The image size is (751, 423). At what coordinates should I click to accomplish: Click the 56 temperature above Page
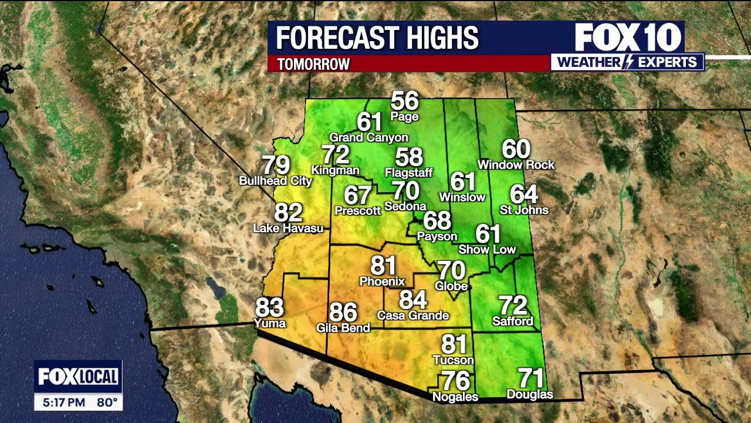pyautogui.click(x=405, y=101)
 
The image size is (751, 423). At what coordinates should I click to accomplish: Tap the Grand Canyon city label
pyautogui.click(x=368, y=137)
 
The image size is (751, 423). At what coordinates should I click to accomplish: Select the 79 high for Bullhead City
pyautogui.click(x=276, y=165)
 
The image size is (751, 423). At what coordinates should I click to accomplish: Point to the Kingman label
pyautogui.click(x=336, y=170)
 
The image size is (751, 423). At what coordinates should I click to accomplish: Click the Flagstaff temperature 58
pyautogui.click(x=409, y=157)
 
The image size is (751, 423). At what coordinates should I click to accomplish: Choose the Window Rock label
pyautogui.click(x=516, y=164)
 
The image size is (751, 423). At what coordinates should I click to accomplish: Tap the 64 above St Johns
pyautogui.click(x=524, y=194)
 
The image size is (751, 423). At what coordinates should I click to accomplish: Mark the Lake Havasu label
pyautogui.click(x=288, y=228)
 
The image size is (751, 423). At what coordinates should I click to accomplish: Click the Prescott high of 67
pyautogui.click(x=357, y=194)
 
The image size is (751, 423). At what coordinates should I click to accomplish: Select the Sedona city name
pyautogui.click(x=405, y=206)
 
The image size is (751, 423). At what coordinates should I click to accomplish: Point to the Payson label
pyautogui.click(x=437, y=236)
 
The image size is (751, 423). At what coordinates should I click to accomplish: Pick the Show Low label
pyautogui.click(x=487, y=249)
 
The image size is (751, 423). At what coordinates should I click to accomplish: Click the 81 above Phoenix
pyautogui.click(x=383, y=266)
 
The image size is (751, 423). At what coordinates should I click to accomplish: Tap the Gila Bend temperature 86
pyautogui.click(x=343, y=312)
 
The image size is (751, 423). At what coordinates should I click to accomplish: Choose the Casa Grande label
pyautogui.click(x=413, y=315)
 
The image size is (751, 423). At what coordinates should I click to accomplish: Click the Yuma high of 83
pyautogui.click(x=269, y=307)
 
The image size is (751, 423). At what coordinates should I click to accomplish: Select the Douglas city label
pyautogui.click(x=529, y=394)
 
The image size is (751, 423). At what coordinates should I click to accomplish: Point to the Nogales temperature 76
pyautogui.click(x=455, y=381)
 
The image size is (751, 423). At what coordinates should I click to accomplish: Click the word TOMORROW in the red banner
pyautogui.click(x=313, y=64)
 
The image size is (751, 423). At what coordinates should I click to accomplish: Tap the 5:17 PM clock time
pyautogui.click(x=64, y=403)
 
